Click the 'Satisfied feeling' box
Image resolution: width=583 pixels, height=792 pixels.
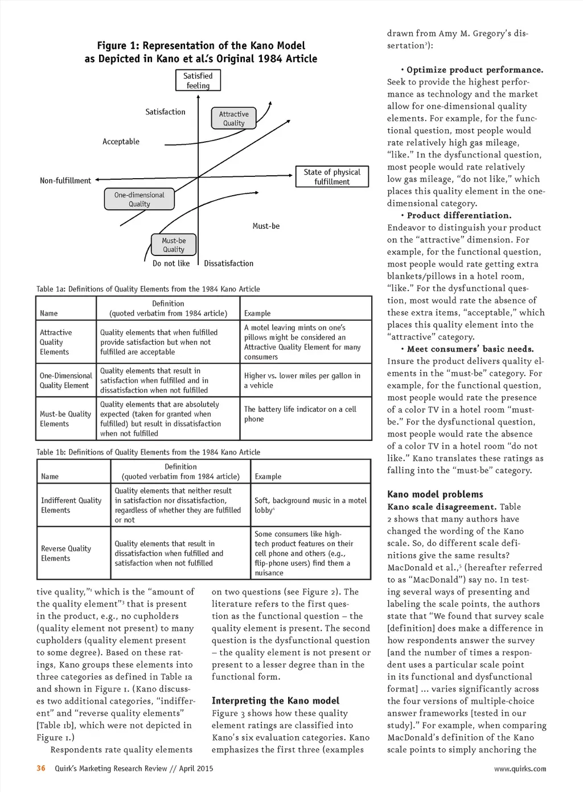198,81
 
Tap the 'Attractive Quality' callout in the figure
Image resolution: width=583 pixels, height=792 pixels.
233,118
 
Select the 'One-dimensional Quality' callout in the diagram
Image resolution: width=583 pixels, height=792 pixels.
139,199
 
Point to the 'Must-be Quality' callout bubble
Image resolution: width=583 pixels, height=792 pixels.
174,245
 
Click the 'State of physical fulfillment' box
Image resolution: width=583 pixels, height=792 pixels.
332,177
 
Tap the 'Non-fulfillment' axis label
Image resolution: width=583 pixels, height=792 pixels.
65,181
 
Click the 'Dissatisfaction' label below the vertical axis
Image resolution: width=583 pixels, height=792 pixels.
228,263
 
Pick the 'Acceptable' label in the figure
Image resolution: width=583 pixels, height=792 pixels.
121,142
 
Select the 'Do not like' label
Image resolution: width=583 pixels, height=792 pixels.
171,263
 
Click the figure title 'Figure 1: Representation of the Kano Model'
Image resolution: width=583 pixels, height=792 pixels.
201,46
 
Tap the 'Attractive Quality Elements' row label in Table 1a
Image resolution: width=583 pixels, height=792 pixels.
55,342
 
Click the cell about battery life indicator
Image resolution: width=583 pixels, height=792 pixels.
301,414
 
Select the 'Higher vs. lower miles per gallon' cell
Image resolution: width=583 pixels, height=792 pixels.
302,380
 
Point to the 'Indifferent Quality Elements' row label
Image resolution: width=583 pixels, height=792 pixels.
71,505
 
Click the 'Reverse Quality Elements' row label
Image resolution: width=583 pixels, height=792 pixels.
66,553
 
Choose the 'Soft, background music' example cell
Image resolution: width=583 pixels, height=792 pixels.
310,505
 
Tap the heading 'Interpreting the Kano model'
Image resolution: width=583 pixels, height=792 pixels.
276,701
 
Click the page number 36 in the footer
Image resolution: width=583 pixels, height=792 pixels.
41,768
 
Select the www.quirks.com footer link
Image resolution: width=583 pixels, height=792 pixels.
520,769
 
